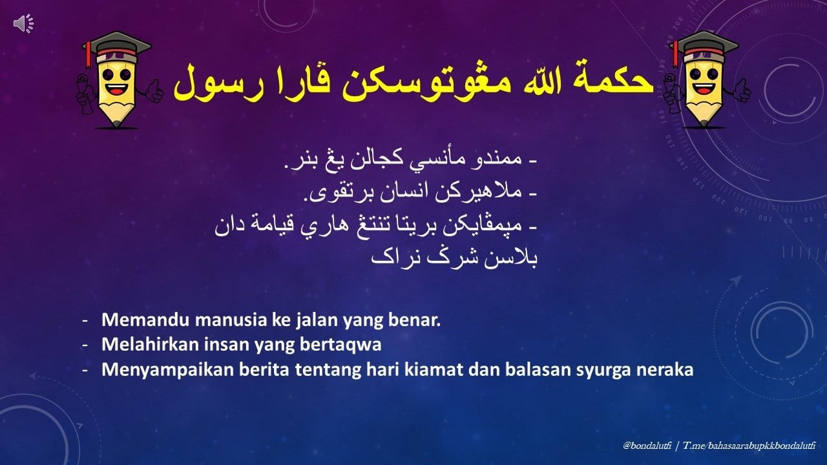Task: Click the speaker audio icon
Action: pyautogui.click(x=24, y=24)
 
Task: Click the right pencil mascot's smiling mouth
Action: pyautogui.click(x=704, y=88)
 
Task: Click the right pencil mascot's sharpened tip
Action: pyautogui.click(x=704, y=123)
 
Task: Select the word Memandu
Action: pyautogui.click(x=146, y=320)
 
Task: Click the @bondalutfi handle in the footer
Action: pyautogui.click(x=647, y=446)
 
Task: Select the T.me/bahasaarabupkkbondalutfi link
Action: pyautogui.click(x=749, y=446)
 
